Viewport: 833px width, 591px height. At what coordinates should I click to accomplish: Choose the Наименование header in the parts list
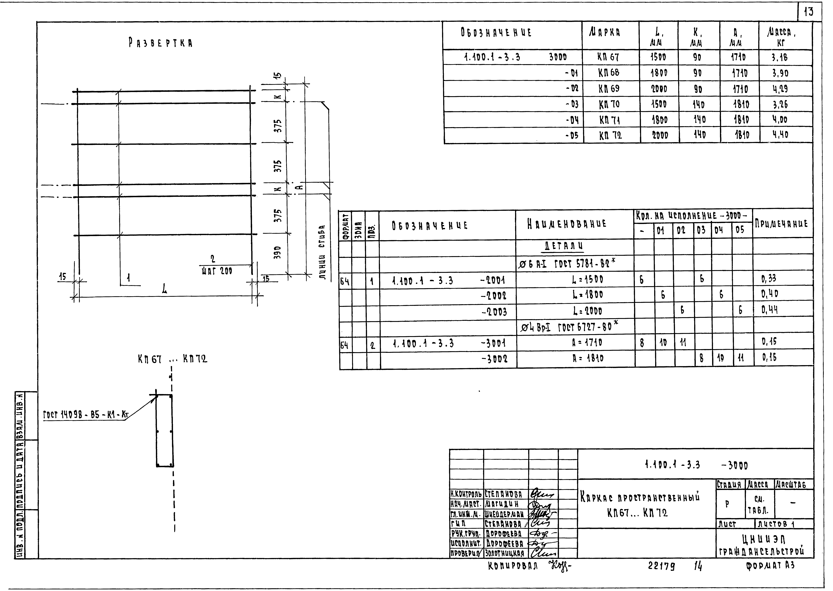[x=567, y=224]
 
